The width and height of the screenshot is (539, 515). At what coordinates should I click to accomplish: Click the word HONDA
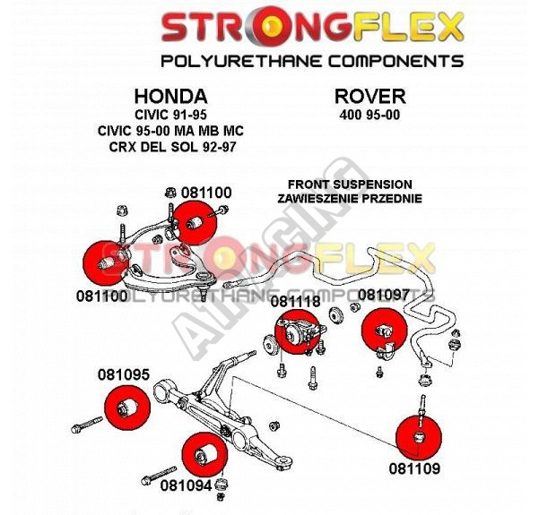[x=170, y=96]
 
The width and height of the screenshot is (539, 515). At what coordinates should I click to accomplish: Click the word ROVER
[x=369, y=96]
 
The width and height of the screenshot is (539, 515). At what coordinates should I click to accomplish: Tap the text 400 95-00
[x=369, y=116]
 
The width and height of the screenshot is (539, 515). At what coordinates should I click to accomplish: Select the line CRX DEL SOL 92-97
[x=170, y=144]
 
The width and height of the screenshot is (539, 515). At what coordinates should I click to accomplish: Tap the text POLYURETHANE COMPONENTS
[x=312, y=61]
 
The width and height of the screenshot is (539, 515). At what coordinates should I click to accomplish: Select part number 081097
[x=383, y=294]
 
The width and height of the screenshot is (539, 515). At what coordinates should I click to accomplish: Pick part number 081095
[x=124, y=375]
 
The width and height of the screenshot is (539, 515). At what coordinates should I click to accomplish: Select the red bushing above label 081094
[x=202, y=452]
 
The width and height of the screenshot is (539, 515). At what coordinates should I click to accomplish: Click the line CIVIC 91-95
[x=170, y=115]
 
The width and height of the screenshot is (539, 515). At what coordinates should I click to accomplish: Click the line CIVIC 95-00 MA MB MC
[x=170, y=130]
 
